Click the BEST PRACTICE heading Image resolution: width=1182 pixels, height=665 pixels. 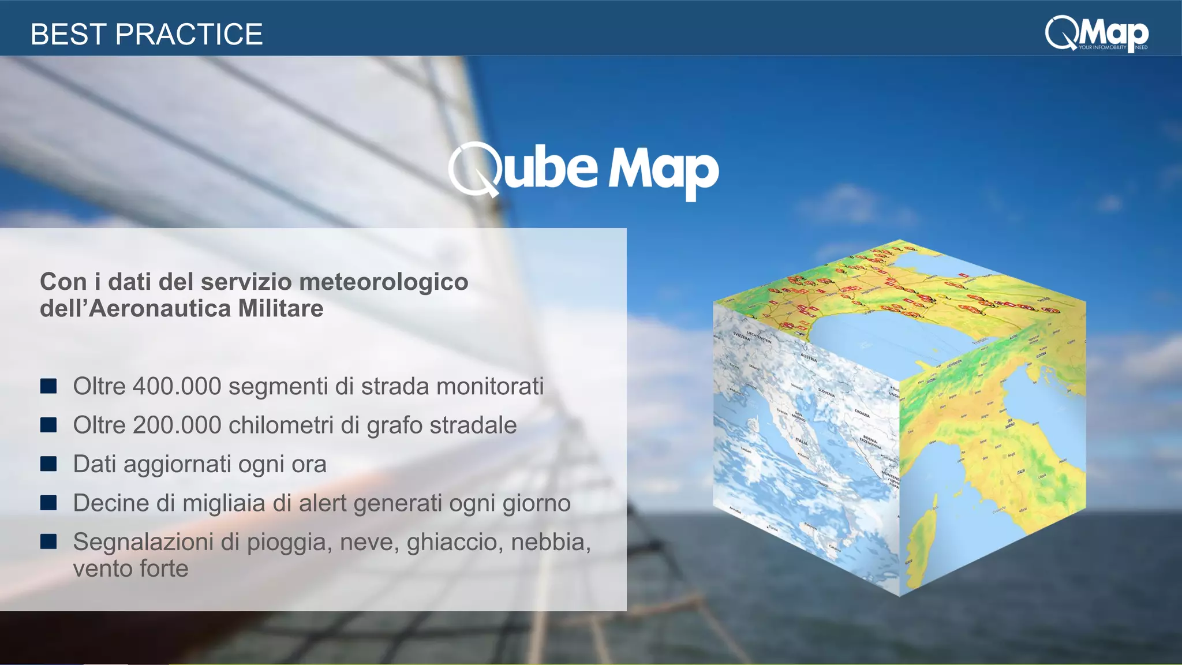pos(147,34)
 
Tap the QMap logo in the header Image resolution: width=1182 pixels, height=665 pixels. pos(1096,34)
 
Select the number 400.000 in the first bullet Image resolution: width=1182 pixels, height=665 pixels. pos(177,387)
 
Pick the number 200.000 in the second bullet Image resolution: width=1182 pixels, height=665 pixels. pos(177,425)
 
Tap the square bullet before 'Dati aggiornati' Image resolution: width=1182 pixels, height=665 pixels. pos(48,464)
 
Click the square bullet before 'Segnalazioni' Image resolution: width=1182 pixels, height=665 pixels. pos(48,541)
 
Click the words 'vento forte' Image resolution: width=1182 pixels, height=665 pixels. pos(131,569)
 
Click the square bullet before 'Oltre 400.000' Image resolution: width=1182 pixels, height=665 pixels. pos(48,386)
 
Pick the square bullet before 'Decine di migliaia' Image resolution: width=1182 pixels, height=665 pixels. pos(48,503)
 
